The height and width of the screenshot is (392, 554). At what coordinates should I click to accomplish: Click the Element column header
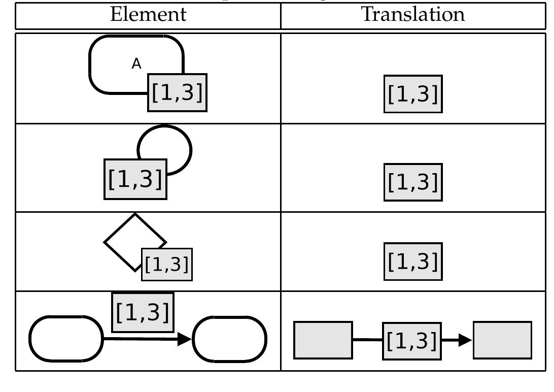(148, 15)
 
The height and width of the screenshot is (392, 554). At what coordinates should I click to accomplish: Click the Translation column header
(413, 15)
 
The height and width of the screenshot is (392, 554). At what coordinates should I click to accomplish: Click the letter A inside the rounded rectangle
(136, 64)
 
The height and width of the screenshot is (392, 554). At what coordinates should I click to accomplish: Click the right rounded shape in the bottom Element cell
(229, 339)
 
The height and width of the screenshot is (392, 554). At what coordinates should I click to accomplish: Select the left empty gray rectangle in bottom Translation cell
(324, 340)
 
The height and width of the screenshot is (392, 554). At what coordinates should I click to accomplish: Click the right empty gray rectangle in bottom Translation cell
(503, 340)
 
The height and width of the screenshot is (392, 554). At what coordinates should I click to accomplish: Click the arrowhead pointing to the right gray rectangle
(465, 340)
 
